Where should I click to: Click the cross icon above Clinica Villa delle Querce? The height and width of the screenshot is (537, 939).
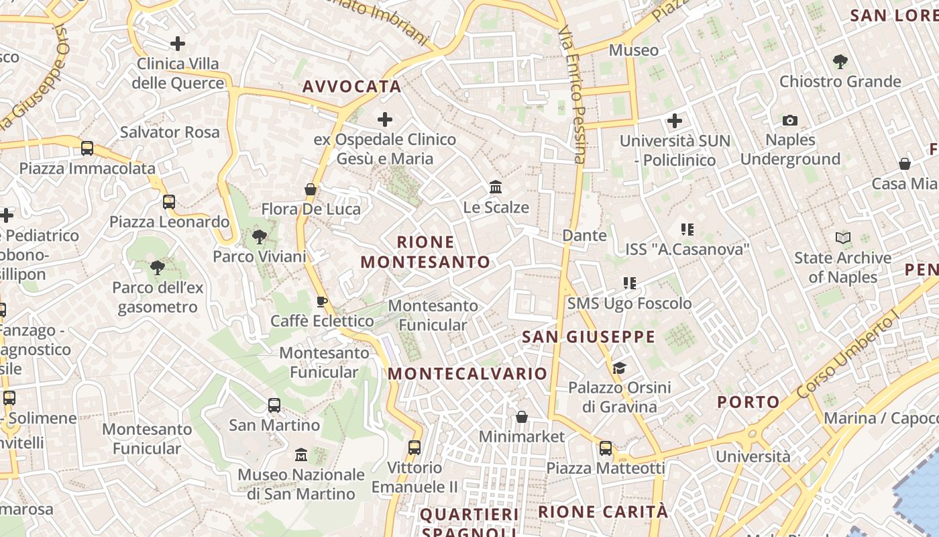click(178, 44)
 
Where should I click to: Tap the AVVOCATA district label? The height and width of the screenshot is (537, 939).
click(352, 87)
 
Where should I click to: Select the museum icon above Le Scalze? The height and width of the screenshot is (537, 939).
click(496, 187)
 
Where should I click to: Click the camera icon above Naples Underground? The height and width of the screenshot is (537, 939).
click(790, 121)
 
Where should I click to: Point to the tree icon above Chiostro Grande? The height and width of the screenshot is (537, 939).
click(840, 62)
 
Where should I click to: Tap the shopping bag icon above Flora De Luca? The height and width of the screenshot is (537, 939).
click(311, 189)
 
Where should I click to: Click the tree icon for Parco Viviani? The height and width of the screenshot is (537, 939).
click(259, 236)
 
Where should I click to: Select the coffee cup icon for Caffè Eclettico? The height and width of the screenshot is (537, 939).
click(321, 301)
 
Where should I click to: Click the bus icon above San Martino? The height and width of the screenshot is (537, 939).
click(274, 405)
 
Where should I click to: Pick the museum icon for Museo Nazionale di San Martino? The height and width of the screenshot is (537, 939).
click(301, 455)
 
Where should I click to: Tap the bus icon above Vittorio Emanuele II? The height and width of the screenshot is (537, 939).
click(415, 448)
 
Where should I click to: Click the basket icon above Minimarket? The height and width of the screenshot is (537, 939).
click(522, 417)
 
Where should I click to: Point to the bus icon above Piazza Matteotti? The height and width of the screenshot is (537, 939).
click(606, 448)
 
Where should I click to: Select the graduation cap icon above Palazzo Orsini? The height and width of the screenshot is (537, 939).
click(619, 368)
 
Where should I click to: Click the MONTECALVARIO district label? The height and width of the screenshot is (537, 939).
click(467, 374)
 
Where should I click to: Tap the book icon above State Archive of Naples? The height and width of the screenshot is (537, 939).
click(843, 238)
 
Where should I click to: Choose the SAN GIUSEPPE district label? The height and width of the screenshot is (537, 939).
click(588, 337)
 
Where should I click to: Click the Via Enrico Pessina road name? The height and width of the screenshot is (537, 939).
click(572, 94)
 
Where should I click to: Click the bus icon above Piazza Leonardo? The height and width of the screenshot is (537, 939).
click(169, 202)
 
